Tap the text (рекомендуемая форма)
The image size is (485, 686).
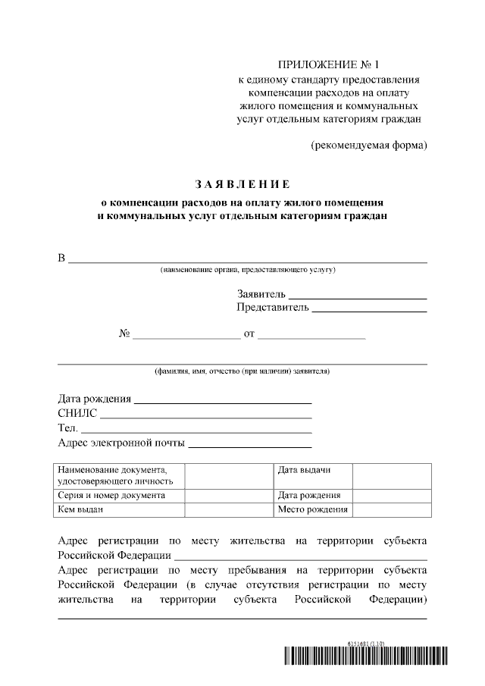click(x=369, y=145)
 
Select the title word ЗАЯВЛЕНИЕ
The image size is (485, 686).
click(x=242, y=184)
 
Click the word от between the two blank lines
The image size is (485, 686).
click(x=249, y=334)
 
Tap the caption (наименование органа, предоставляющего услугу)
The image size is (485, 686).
click(x=247, y=270)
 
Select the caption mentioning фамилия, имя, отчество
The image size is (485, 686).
click(x=242, y=371)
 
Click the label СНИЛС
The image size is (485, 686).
click(x=77, y=413)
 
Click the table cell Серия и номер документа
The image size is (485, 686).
click(x=111, y=495)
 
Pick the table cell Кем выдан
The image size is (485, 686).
click(x=80, y=509)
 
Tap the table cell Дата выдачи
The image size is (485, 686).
click(x=304, y=470)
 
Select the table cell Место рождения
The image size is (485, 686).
click(x=312, y=509)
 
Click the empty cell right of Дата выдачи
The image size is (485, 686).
click(x=391, y=475)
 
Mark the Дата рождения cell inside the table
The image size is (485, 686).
click(x=308, y=495)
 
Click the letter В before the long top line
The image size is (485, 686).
click(x=62, y=258)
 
